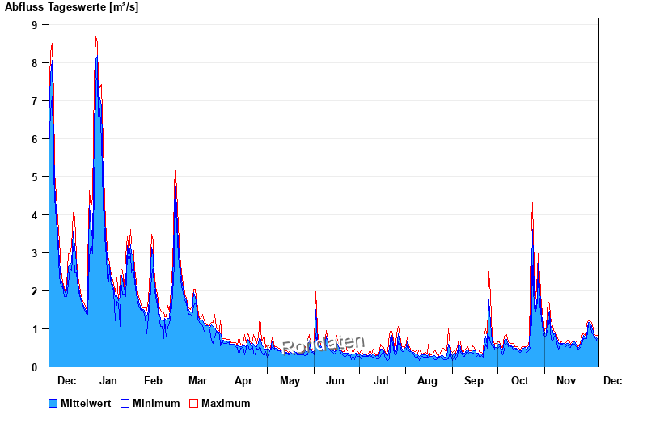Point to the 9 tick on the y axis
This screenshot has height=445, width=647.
pyautogui.click(x=35, y=25)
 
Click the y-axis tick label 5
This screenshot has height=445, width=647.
pyautogui.click(x=35, y=177)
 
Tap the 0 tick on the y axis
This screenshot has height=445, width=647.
pyautogui.click(x=35, y=367)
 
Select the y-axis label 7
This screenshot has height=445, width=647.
pyautogui.click(x=35, y=101)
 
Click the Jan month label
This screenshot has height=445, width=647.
pyautogui.click(x=108, y=381)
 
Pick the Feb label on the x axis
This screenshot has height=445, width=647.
pyautogui.click(x=153, y=381)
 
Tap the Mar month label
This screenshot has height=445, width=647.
pyautogui.click(x=197, y=381)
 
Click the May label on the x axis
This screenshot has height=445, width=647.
pyautogui.click(x=290, y=381)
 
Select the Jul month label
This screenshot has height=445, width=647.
pyautogui.click(x=381, y=381)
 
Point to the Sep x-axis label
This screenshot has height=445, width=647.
pyautogui.click(x=474, y=381)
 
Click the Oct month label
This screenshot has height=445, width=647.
pyautogui.click(x=519, y=381)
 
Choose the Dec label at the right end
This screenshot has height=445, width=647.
pyautogui.click(x=612, y=381)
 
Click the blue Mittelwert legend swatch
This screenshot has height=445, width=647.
pyautogui.click(x=53, y=403)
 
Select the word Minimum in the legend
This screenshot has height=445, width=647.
pyautogui.click(x=156, y=403)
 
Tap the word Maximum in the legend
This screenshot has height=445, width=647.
pyautogui.click(x=226, y=403)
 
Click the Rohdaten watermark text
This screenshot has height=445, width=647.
pyautogui.click(x=323, y=345)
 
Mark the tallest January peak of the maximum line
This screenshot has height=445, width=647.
pyautogui.click(x=95, y=36)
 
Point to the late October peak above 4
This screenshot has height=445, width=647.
pyautogui.click(x=532, y=203)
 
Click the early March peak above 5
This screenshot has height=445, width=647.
pyautogui.click(x=175, y=164)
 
